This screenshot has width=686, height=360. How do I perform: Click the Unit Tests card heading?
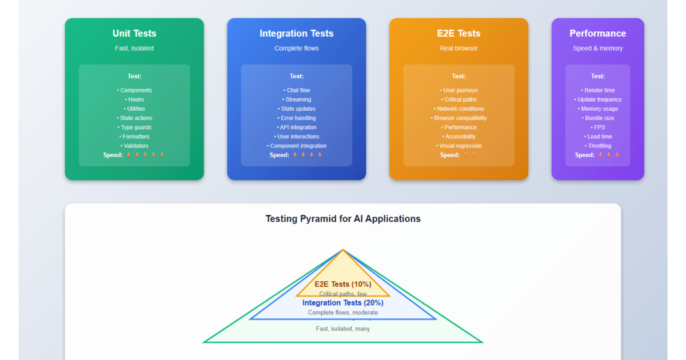(134, 33)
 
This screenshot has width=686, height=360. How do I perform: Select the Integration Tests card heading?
(296, 33)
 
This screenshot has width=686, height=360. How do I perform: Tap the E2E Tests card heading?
(458, 33)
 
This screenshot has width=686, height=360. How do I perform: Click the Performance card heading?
(597, 33)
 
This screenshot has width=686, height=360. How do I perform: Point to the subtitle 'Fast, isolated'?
(134, 48)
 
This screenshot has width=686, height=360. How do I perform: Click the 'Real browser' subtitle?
(458, 48)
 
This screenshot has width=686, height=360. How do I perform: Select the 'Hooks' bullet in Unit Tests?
(135, 99)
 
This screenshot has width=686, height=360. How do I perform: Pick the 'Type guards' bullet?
(135, 127)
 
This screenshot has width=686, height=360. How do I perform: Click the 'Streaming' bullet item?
(298, 99)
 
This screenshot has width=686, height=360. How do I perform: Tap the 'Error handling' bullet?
(298, 118)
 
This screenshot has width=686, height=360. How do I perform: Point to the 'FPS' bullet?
(599, 127)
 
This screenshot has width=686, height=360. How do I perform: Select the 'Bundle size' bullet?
(599, 118)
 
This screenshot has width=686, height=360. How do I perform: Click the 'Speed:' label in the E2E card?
(449, 155)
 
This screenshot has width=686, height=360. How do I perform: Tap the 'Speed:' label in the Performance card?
(585, 155)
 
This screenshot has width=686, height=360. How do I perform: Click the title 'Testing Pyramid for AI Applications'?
(343, 219)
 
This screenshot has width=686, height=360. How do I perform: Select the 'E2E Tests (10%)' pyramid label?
(343, 284)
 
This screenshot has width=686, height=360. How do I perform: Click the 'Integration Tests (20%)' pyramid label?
(343, 303)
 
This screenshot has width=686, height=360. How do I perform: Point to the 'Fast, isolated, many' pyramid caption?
(343, 329)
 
